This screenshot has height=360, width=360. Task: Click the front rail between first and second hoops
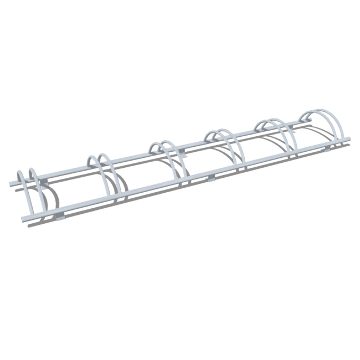72,204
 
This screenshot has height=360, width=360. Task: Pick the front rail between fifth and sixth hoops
316,145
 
